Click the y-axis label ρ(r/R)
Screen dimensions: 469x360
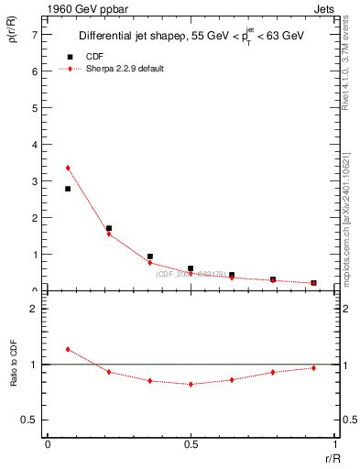[x=15, y=40]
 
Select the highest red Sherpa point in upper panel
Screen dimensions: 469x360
[x=68, y=168]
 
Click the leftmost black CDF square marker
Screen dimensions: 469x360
[x=68, y=189]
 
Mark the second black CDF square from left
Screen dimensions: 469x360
[x=109, y=228]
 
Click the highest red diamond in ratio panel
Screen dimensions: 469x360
[x=68, y=349]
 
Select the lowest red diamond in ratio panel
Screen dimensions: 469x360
[x=191, y=384]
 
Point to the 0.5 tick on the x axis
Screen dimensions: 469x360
[x=191, y=445]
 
